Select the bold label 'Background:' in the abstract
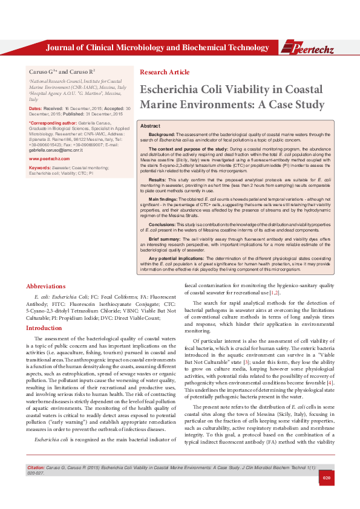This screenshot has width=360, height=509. tap(162, 133)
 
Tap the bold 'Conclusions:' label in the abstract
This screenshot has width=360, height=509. tap(163, 225)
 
